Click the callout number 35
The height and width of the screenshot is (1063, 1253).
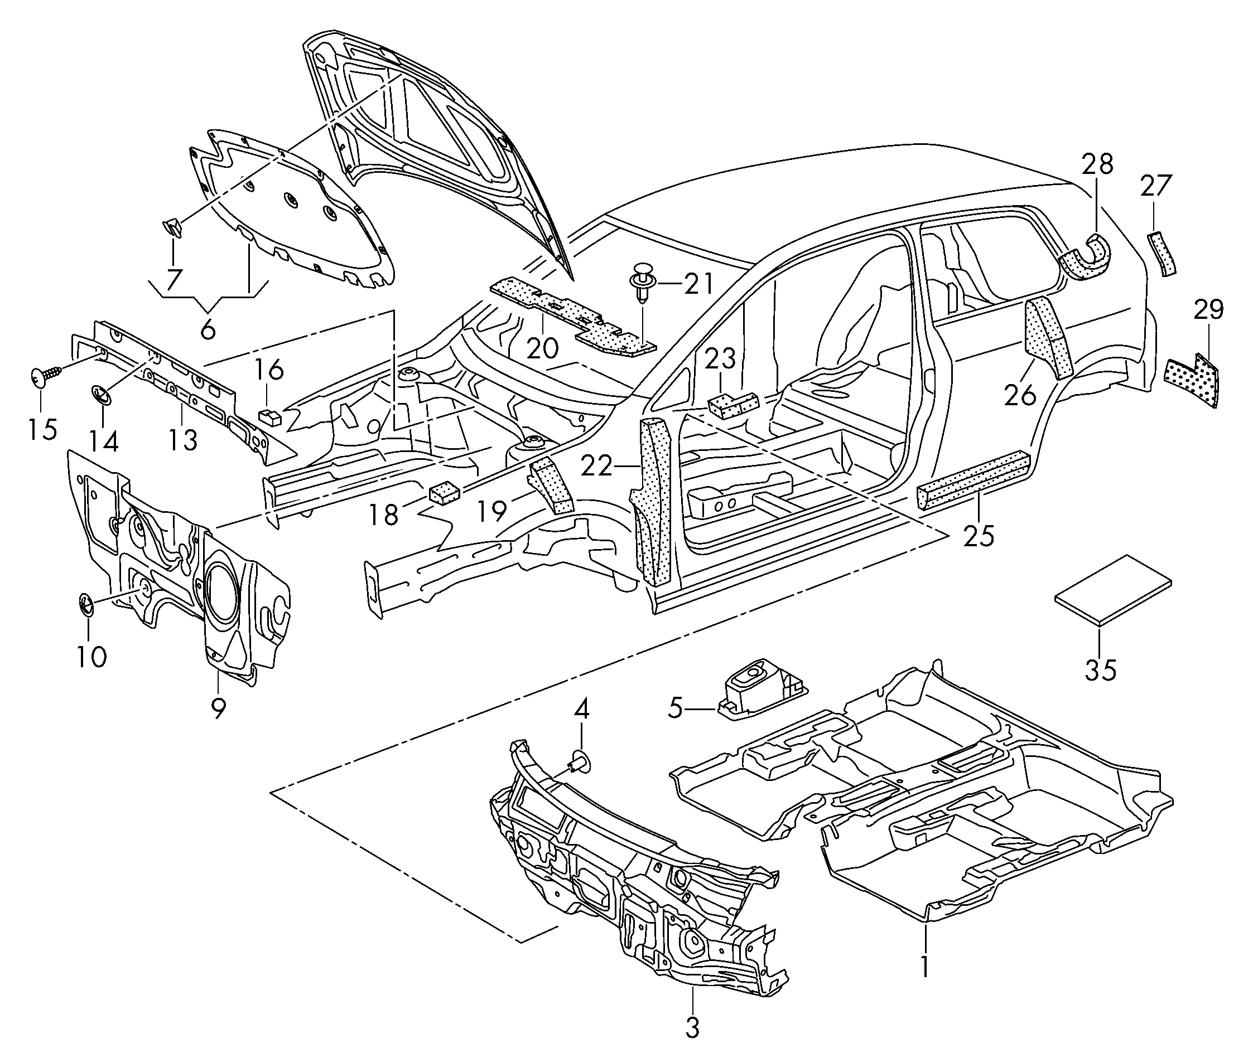[x=1101, y=670]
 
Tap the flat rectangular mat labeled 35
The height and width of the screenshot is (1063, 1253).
[x=1112, y=591]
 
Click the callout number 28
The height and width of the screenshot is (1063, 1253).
[x=1097, y=163]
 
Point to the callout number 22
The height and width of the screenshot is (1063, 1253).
[x=596, y=466]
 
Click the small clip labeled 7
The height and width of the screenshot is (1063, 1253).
[x=173, y=229]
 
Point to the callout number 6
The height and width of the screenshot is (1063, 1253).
[x=207, y=329]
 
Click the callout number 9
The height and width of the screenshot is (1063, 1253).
[x=218, y=707]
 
